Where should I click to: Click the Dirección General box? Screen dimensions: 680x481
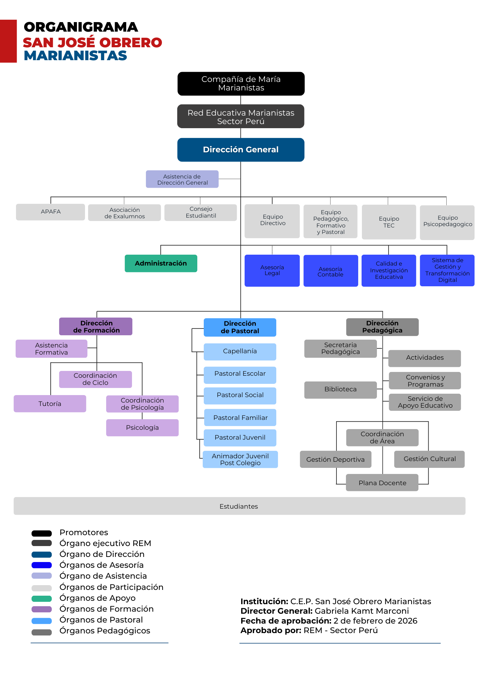[240, 150]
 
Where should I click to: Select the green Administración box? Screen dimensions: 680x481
[161, 263]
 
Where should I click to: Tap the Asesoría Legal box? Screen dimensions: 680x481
[272, 271]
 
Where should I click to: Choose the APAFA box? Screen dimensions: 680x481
[50, 212]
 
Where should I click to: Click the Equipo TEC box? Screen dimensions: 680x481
[389, 222]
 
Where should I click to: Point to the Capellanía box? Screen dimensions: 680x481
[240, 352]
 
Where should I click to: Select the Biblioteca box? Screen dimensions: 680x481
[341, 390]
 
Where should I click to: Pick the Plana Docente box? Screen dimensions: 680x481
[382, 483]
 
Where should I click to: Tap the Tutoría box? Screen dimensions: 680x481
[50, 404]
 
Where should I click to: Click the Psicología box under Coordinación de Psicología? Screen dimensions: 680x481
[142, 428]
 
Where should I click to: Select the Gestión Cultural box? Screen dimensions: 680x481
[429, 459]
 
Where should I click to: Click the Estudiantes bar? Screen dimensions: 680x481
[239, 506]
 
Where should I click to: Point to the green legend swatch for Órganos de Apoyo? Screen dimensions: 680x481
[42, 598]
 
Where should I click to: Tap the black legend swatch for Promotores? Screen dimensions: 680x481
[42, 533]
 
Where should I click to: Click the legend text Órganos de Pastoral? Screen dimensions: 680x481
[101, 620]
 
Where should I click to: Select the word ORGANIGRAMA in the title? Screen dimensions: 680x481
[81, 27]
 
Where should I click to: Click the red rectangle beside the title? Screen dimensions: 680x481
[8, 41]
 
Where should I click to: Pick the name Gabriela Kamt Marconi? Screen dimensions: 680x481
[362, 611]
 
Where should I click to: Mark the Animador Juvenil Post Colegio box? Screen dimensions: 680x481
[240, 460]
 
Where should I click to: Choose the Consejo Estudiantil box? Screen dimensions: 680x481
[201, 213]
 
